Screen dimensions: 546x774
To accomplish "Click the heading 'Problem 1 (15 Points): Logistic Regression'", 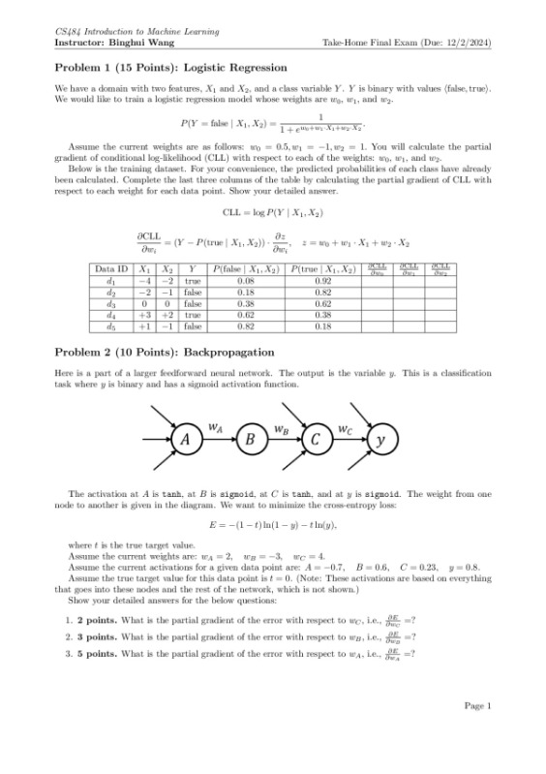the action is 170,68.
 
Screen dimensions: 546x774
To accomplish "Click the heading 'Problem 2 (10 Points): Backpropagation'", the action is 165,351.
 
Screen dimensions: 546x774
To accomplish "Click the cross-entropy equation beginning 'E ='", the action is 273,524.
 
